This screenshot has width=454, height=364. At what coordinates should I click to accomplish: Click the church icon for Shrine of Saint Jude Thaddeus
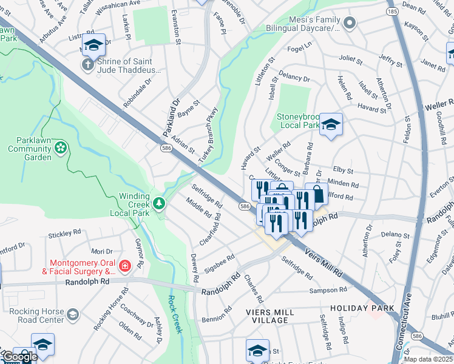[87, 65]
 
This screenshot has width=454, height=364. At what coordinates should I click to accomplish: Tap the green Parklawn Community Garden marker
[60, 147]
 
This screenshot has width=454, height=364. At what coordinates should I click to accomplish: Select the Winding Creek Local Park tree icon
[159, 203]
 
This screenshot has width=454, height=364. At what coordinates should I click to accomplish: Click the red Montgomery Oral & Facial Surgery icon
[124, 266]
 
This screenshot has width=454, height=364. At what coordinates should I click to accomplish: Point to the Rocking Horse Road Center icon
[73, 314]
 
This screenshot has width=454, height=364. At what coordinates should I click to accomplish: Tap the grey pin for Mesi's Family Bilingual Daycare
[349, 24]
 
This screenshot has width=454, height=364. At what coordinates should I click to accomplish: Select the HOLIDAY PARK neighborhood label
[362, 308]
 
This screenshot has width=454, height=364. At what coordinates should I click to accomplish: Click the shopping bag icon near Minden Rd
[316, 194]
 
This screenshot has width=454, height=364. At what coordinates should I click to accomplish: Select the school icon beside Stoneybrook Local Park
[331, 124]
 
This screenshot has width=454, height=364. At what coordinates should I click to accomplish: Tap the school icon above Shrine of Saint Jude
[94, 44]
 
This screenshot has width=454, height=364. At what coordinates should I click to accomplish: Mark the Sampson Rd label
[331, 290]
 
